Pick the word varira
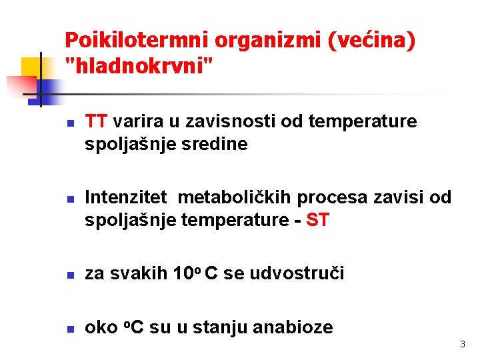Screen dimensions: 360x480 pyautogui.click(x=136, y=122)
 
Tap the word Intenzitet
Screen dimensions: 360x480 pyautogui.click(x=126, y=197)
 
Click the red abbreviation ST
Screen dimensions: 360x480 pyautogui.click(x=317, y=220)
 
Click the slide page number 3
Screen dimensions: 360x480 pyautogui.click(x=463, y=345)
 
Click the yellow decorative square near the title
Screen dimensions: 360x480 pyautogui.click(x=31, y=67)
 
